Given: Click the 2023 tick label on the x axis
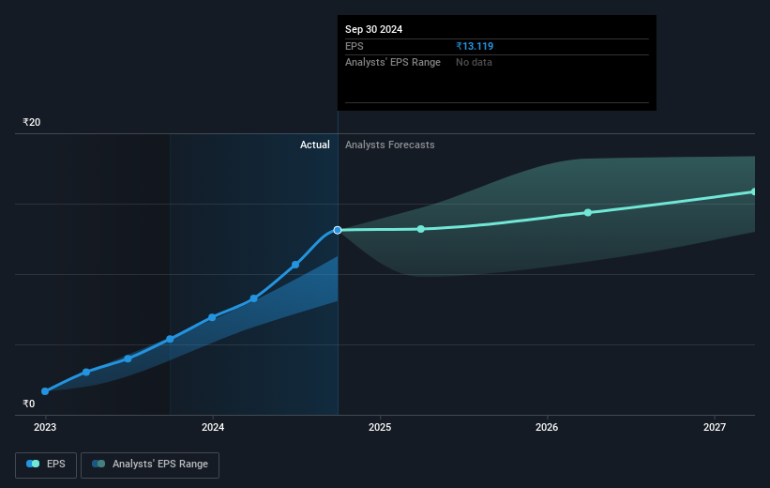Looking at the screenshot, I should click(x=45, y=428).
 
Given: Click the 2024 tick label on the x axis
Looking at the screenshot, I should click(x=213, y=428).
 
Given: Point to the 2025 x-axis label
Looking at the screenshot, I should click(x=380, y=428).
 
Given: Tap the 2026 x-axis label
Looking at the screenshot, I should click(x=547, y=428).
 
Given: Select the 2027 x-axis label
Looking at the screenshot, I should click(x=715, y=428).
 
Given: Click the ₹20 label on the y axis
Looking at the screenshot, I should click(x=32, y=123).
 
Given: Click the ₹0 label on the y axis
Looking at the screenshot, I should click(x=28, y=404).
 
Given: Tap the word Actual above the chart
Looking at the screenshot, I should click(x=315, y=145).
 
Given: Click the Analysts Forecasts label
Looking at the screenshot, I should click(x=390, y=145).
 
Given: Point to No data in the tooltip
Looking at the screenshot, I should click(x=474, y=62).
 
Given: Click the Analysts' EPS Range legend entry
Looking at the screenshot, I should click(x=150, y=464).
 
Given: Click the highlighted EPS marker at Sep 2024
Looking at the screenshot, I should click(x=338, y=230).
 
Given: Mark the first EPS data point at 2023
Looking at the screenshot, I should click(x=45, y=391).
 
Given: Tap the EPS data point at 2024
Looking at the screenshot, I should click(x=213, y=317).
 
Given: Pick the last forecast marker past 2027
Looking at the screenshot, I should click(x=755, y=191).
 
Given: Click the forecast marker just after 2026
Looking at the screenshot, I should click(x=588, y=212).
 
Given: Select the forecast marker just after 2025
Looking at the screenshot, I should click(x=421, y=229).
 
